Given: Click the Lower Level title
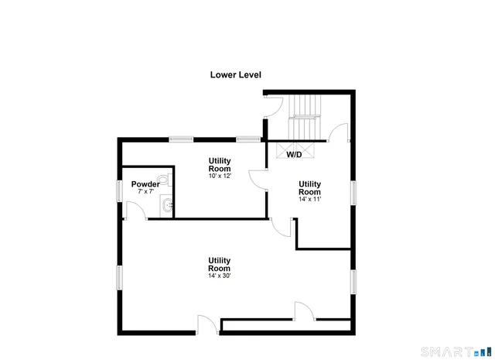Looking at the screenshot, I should click(236, 75).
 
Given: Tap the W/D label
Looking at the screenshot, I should click(294, 155).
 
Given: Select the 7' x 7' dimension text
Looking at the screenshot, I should click(145, 191).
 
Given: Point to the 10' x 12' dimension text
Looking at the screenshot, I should click(219, 176).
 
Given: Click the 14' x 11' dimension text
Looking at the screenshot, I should click(309, 199).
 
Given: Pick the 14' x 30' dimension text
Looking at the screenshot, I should click(219, 276).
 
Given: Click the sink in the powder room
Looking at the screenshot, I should click(167, 205).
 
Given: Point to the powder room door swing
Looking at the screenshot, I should click(132, 210).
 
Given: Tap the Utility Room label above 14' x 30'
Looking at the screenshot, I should click(219, 264).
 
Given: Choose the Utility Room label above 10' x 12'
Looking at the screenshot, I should click(219, 164).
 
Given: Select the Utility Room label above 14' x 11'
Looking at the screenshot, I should click(309, 187).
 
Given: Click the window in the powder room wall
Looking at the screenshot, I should click(118, 190).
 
